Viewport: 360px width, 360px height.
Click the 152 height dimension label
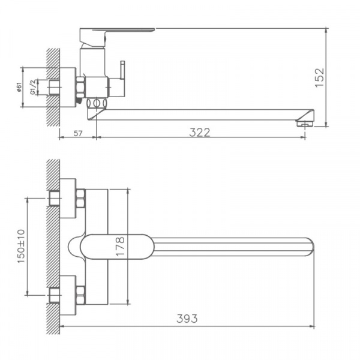click(319, 77)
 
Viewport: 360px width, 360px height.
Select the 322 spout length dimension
click(200, 132)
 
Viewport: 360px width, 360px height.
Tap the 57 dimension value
click(78, 133)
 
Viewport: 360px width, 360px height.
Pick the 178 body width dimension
click(121, 246)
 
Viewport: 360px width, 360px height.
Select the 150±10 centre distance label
click(21, 246)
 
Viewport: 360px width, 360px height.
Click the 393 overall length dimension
click(188, 318)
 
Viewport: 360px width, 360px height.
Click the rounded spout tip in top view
click(309, 246)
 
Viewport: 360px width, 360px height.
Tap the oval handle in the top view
click(114, 246)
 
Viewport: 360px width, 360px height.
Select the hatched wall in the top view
click(53, 246)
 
